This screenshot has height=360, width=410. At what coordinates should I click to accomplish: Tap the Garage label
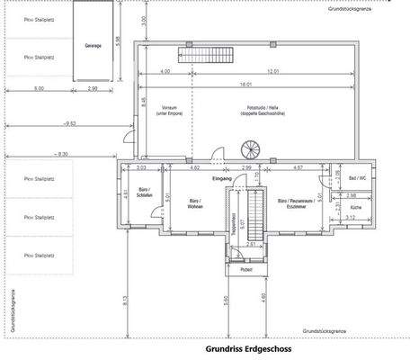click(x=94, y=45)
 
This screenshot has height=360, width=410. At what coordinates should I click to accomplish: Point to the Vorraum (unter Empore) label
click(x=168, y=110)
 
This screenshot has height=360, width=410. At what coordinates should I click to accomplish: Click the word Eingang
click(x=222, y=179)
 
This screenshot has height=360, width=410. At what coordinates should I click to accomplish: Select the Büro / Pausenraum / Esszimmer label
click(x=297, y=203)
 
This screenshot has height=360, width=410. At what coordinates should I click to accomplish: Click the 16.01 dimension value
click(x=245, y=83)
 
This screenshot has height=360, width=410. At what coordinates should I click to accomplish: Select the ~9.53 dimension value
click(x=68, y=122)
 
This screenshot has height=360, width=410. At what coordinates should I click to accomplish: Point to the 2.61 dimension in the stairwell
click(x=254, y=244)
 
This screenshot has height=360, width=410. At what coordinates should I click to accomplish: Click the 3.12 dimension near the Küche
click(x=351, y=217)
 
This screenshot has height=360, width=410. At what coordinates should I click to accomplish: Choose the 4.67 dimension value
click(x=299, y=167)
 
